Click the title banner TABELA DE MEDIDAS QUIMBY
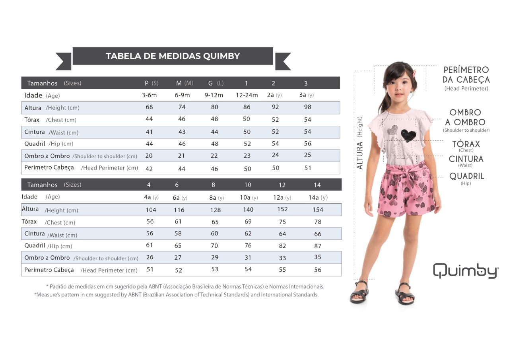coord(173,56)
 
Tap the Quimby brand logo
coord(465,270)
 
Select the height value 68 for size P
coord(149,107)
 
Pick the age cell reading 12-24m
coord(247,95)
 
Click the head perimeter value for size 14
coord(317,270)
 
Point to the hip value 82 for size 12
coord(282,246)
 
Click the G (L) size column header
coord(216,83)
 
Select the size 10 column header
coord(248,185)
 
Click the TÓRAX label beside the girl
coord(466,144)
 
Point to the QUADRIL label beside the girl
coord(466,176)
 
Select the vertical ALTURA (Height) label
coord(360,143)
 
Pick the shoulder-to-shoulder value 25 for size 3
coord(307,155)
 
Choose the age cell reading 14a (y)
coord(318,197)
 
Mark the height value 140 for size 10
coord(248,210)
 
